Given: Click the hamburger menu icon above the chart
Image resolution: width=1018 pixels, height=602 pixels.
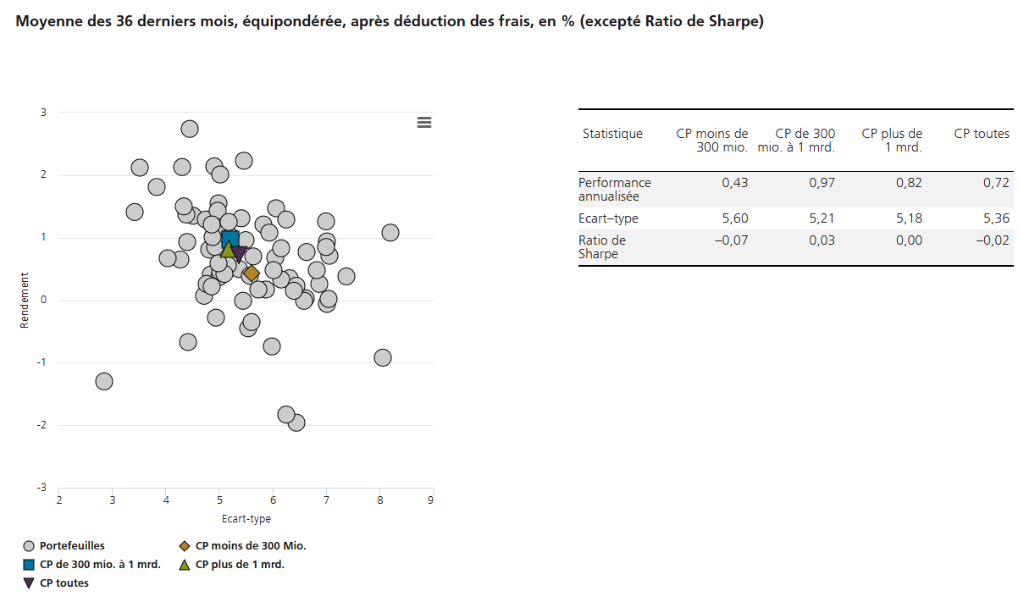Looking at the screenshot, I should pos(424,123).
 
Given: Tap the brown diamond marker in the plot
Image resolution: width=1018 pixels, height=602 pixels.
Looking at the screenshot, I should pos(251,273).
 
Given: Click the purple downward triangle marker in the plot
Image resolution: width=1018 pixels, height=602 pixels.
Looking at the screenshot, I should pos(239,253).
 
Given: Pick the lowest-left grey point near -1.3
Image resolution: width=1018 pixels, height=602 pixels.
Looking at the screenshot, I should pos(104,381).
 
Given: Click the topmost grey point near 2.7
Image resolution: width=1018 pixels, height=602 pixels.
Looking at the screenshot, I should pos(190,129).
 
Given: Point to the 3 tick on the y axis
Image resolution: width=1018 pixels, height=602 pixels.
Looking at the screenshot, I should pos(44,113).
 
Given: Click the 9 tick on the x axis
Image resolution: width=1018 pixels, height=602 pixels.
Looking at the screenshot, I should pos(431,500).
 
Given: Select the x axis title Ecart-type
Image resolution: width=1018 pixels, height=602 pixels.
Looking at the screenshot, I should pos(246,519).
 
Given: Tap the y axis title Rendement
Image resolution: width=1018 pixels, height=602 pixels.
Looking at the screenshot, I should pos(25,300).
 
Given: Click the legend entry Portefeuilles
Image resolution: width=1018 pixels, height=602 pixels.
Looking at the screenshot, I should pos(72,546).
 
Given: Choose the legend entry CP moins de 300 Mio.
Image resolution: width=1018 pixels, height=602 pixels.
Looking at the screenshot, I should pos(251,546).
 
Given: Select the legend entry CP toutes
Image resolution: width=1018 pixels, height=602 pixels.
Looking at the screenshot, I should pos(64,583).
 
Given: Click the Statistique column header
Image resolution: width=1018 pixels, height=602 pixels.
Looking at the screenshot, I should pos(612,134).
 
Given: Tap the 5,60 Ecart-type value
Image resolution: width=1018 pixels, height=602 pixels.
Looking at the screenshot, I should pos(734,218).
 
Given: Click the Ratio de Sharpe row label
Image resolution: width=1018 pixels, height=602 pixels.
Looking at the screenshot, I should pos(602,247).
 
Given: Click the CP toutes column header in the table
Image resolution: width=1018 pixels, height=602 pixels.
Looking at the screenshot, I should pos(982,134).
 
